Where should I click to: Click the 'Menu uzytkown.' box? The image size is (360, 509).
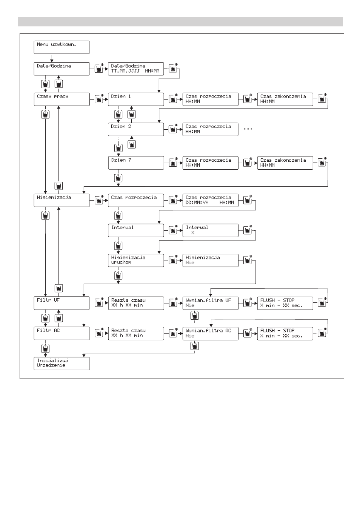click(62, 47)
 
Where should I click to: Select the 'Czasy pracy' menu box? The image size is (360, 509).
click(62, 99)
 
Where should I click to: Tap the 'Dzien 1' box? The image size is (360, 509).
click(136, 99)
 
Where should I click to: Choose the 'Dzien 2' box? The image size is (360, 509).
click(136, 129)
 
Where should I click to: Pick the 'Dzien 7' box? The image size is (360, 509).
click(136, 163)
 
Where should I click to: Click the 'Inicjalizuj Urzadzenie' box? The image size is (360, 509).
click(62, 363)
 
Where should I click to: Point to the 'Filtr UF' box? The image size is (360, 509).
click(62, 303)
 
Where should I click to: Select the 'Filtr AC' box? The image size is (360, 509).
click(62, 333)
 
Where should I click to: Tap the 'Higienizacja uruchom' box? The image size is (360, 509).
click(136, 261)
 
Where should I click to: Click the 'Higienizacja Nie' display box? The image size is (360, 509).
click(210, 261)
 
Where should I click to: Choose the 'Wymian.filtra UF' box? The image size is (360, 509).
click(210, 303)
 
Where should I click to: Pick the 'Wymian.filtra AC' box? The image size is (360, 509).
click(210, 333)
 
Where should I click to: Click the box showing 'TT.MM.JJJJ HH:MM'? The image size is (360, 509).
click(136, 69)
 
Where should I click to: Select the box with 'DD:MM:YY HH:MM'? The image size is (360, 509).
click(210, 200)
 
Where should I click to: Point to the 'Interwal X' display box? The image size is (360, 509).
click(210, 230)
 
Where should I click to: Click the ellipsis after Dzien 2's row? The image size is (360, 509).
click(248, 129)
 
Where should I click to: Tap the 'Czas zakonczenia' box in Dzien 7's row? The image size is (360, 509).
click(285, 163)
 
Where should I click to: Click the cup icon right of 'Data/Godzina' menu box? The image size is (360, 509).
click(99, 68)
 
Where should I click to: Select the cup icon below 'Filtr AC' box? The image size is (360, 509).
click(46, 348)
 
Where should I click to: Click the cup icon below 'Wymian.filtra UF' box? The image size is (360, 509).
click(194, 316)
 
